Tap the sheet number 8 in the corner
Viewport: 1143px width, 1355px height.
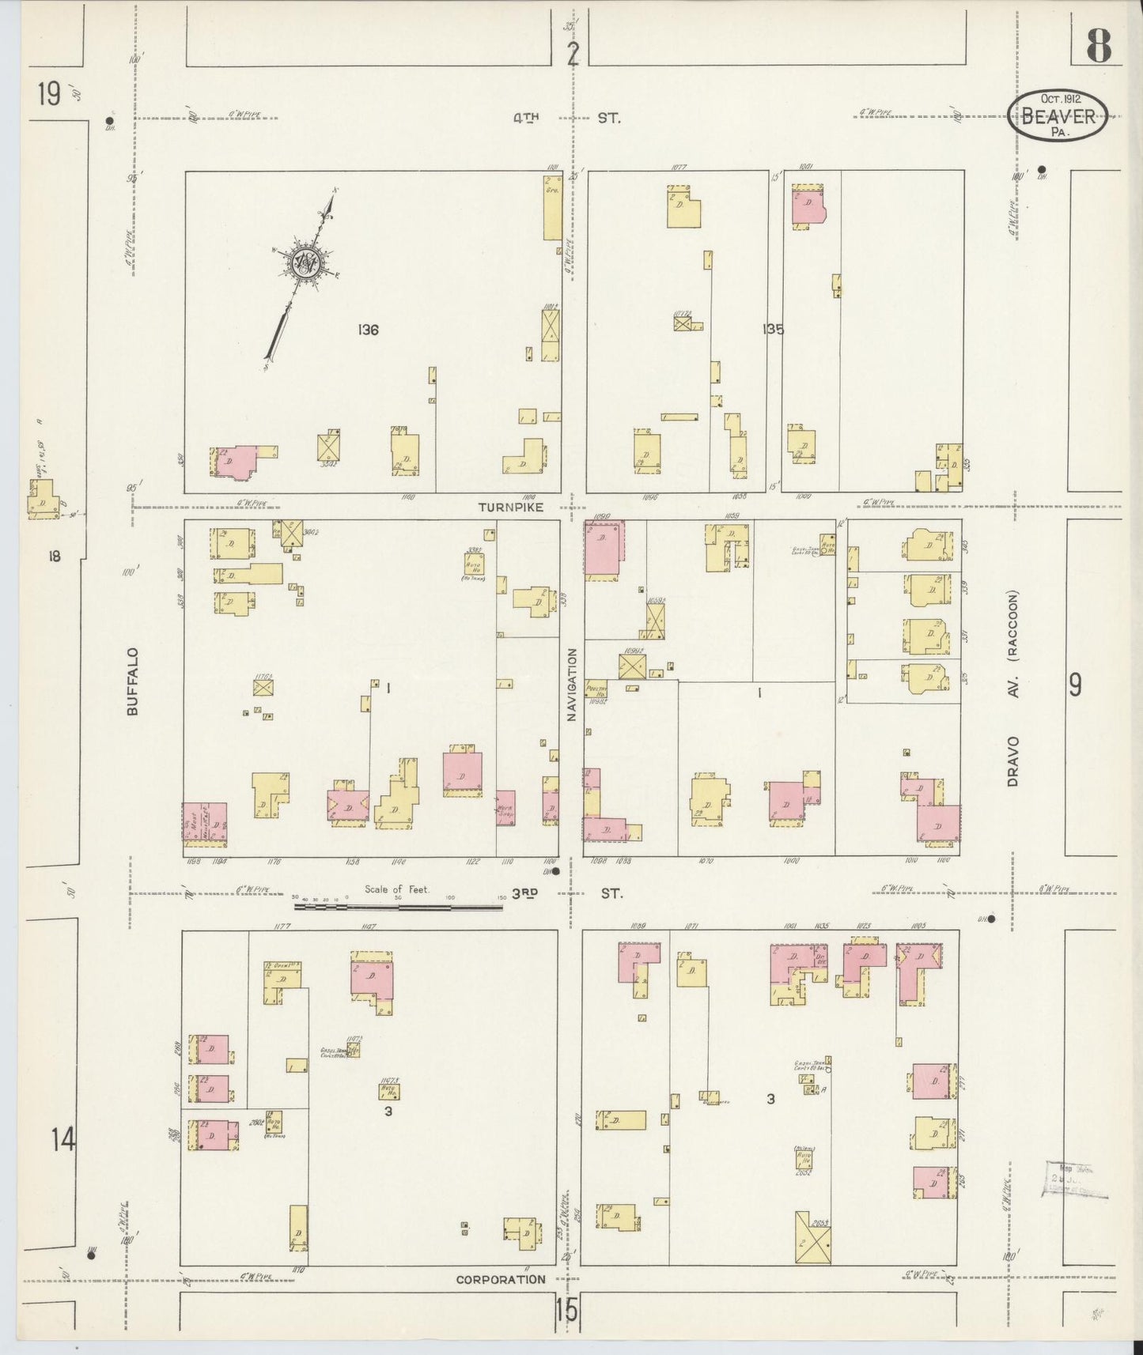[1098, 46]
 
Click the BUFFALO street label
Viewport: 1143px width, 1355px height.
[132, 681]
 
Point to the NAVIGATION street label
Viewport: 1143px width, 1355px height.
[572, 684]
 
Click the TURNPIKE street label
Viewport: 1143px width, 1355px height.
[510, 507]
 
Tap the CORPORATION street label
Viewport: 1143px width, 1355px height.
[501, 1279]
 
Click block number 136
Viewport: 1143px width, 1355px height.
[367, 330]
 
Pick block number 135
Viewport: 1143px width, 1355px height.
[773, 330]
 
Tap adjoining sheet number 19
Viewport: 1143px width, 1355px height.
[49, 95]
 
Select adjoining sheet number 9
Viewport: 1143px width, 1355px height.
[1075, 685]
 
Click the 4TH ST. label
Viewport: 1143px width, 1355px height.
[566, 119]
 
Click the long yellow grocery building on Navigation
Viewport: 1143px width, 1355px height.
[552, 206]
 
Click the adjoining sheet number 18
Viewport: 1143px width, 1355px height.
[53, 557]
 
